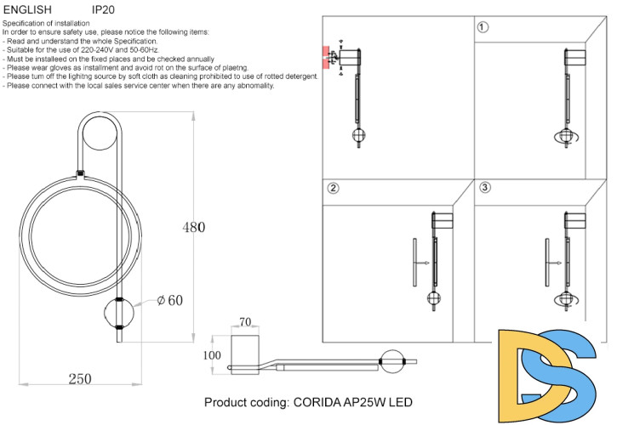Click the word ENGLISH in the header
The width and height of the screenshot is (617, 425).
[x=27, y=8]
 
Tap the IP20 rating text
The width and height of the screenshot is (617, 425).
[x=103, y=8]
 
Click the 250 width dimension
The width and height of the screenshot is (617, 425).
[x=79, y=379]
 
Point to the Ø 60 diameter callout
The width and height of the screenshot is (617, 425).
[x=170, y=299]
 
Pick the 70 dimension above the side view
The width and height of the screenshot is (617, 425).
[x=245, y=322]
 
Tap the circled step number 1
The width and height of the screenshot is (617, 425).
[x=483, y=27]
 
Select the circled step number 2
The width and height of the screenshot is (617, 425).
[x=334, y=188]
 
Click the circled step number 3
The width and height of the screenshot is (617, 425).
[x=484, y=188]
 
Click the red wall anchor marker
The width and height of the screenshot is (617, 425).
[x=325, y=56]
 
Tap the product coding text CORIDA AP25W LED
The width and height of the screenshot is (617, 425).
[x=309, y=401]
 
